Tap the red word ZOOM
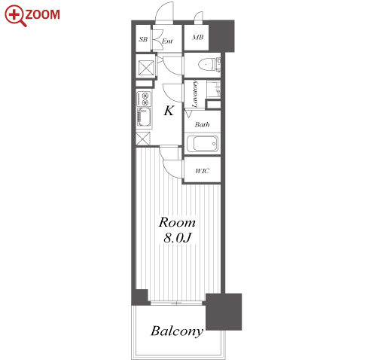pyautogui.click(x=43, y=14)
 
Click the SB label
pyautogui.click(x=143, y=39)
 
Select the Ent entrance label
pyautogui.click(x=167, y=41)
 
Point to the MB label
pyautogui.click(x=198, y=38)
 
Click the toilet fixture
pyautogui.click(x=209, y=65)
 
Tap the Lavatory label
pyautogui.click(x=195, y=94)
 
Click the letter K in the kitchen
pyautogui.click(x=169, y=111)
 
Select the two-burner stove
pyautogui.click(x=144, y=99)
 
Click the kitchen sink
pyautogui.click(x=144, y=117)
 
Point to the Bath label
pyautogui.click(x=202, y=124)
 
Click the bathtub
pyautogui.click(x=203, y=144)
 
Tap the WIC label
pyautogui.click(x=202, y=171)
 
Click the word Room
pyautogui.click(x=177, y=222)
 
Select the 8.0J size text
pyautogui.click(x=178, y=238)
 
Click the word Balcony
pyautogui.click(x=177, y=331)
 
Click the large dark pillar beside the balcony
pyautogui.click(x=224, y=312)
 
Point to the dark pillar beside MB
pyautogui.click(x=221, y=36)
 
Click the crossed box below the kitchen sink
pyautogui.click(x=143, y=139)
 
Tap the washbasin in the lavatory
pyautogui.click(x=214, y=89)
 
